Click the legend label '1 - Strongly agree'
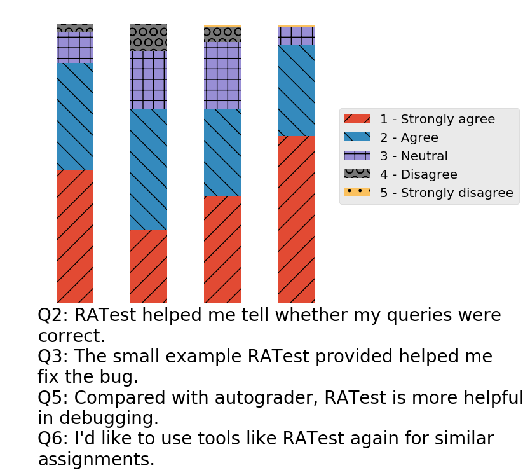(437, 119)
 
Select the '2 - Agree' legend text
(409, 138)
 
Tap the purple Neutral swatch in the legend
(357, 155)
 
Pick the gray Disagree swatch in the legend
(357, 174)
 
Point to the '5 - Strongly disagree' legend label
(447, 193)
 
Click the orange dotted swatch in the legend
(357, 192)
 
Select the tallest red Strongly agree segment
(296, 219)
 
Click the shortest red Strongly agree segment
(149, 266)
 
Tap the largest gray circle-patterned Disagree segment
(149, 38)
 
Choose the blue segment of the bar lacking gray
(296, 90)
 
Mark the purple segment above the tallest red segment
(296, 36)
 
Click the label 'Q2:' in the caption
(53, 315)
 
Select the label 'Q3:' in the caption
(53, 356)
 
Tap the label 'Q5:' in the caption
(53, 397)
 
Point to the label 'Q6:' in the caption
(53, 439)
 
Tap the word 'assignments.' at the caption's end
(97, 460)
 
